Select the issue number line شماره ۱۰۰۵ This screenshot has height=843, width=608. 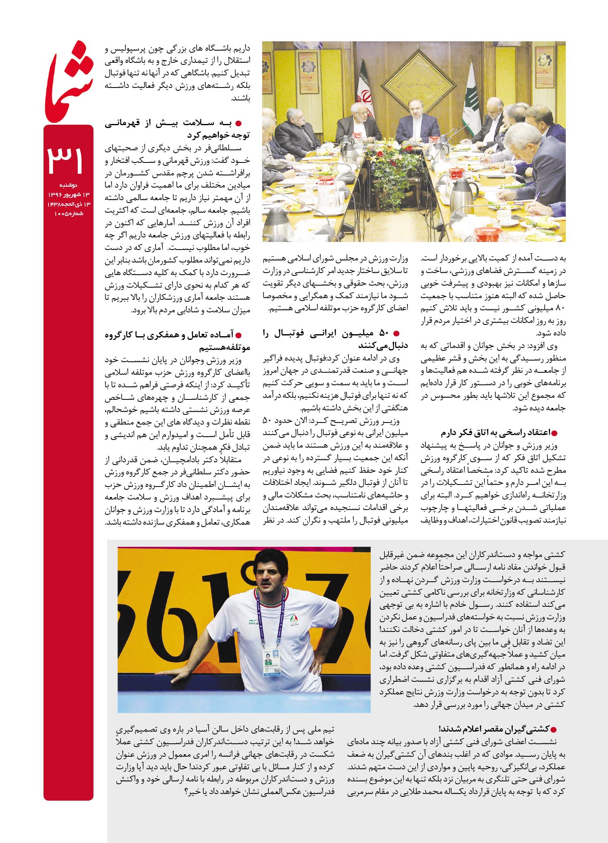(x=69, y=213)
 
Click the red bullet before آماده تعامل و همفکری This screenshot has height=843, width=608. (x=239, y=335)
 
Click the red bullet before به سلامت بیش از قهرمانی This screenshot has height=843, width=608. (x=239, y=123)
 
